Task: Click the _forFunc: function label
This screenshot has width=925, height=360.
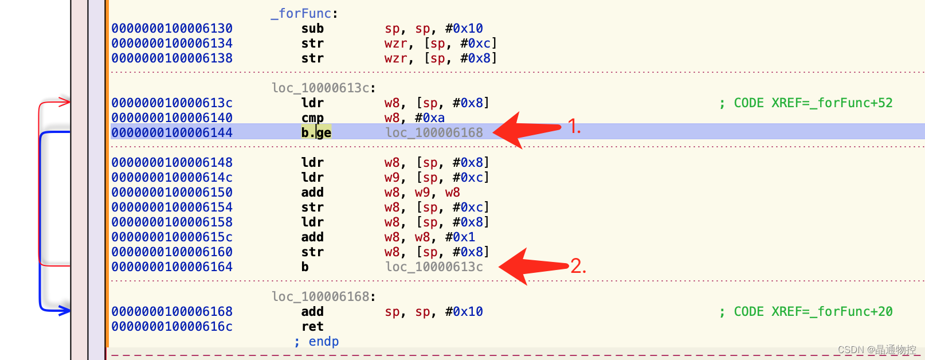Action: pos(304,13)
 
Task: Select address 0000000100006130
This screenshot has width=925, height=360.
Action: pos(172,28)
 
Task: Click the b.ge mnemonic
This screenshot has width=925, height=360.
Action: pos(316,132)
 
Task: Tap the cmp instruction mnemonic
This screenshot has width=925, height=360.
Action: pos(312,118)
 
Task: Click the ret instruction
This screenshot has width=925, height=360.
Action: pos(312,326)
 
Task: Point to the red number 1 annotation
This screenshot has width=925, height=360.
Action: pos(574,127)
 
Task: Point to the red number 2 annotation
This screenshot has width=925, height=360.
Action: pos(578,266)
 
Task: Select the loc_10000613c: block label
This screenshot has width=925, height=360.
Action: pos(323,88)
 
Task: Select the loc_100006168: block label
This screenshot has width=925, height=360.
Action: pos(323,296)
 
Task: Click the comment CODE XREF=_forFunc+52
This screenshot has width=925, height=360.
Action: pos(806,103)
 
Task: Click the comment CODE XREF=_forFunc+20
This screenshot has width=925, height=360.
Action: pos(806,311)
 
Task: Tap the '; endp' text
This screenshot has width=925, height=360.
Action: pos(316,341)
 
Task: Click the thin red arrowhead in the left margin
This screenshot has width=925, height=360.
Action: pos(64,102)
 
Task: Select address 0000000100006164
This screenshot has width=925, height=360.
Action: pos(172,267)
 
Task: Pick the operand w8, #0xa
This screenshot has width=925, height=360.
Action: pos(414,118)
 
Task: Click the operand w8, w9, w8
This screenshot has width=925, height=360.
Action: pos(422,192)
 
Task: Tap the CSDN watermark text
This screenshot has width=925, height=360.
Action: pos(876,350)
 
